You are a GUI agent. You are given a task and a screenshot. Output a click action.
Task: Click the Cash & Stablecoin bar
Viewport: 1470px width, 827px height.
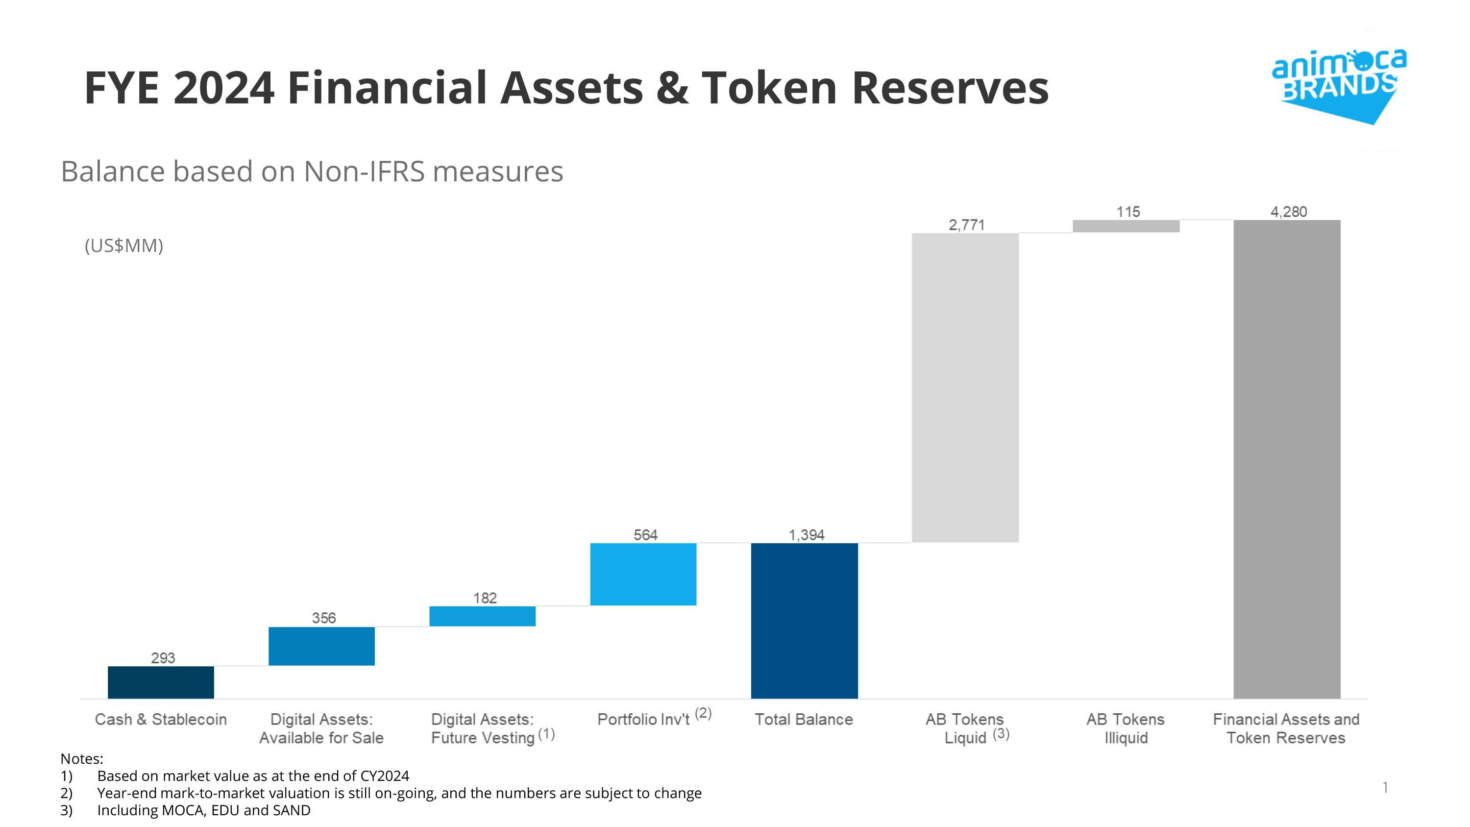[x=161, y=682]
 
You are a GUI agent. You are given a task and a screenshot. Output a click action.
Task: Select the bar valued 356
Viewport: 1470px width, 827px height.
[x=322, y=646]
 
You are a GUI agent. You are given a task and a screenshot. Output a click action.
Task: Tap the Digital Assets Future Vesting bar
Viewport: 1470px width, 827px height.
[x=482, y=616]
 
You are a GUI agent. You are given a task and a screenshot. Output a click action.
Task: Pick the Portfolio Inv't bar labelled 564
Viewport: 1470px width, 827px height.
[x=643, y=574]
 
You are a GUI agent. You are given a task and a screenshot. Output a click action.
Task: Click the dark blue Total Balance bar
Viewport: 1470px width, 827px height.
[x=804, y=621]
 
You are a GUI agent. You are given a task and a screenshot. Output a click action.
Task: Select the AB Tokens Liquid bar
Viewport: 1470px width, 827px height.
[x=965, y=388]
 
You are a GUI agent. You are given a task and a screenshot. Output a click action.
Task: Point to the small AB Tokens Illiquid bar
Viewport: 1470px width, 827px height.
[x=1126, y=226]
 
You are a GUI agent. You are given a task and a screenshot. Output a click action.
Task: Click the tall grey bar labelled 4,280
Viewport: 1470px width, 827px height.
[x=1287, y=459]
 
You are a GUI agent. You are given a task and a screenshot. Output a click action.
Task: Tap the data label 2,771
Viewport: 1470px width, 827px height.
[x=967, y=225]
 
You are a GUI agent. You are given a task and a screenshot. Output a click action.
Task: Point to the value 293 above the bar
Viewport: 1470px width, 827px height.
[x=163, y=657]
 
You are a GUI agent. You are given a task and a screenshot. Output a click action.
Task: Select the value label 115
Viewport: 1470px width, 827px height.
[x=1127, y=212]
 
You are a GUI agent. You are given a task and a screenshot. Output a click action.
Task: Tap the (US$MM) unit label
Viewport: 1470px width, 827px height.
[x=124, y=246]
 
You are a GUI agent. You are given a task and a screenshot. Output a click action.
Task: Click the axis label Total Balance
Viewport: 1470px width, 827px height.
[x=804, y=719]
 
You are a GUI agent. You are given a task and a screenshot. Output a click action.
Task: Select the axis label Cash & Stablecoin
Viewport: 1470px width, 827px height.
[x=160, y=719]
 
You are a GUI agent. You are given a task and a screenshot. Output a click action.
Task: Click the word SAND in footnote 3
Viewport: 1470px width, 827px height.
[x=291, y=810]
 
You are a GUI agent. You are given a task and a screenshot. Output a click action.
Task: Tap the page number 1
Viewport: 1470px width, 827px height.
[x=1385, y=787]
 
